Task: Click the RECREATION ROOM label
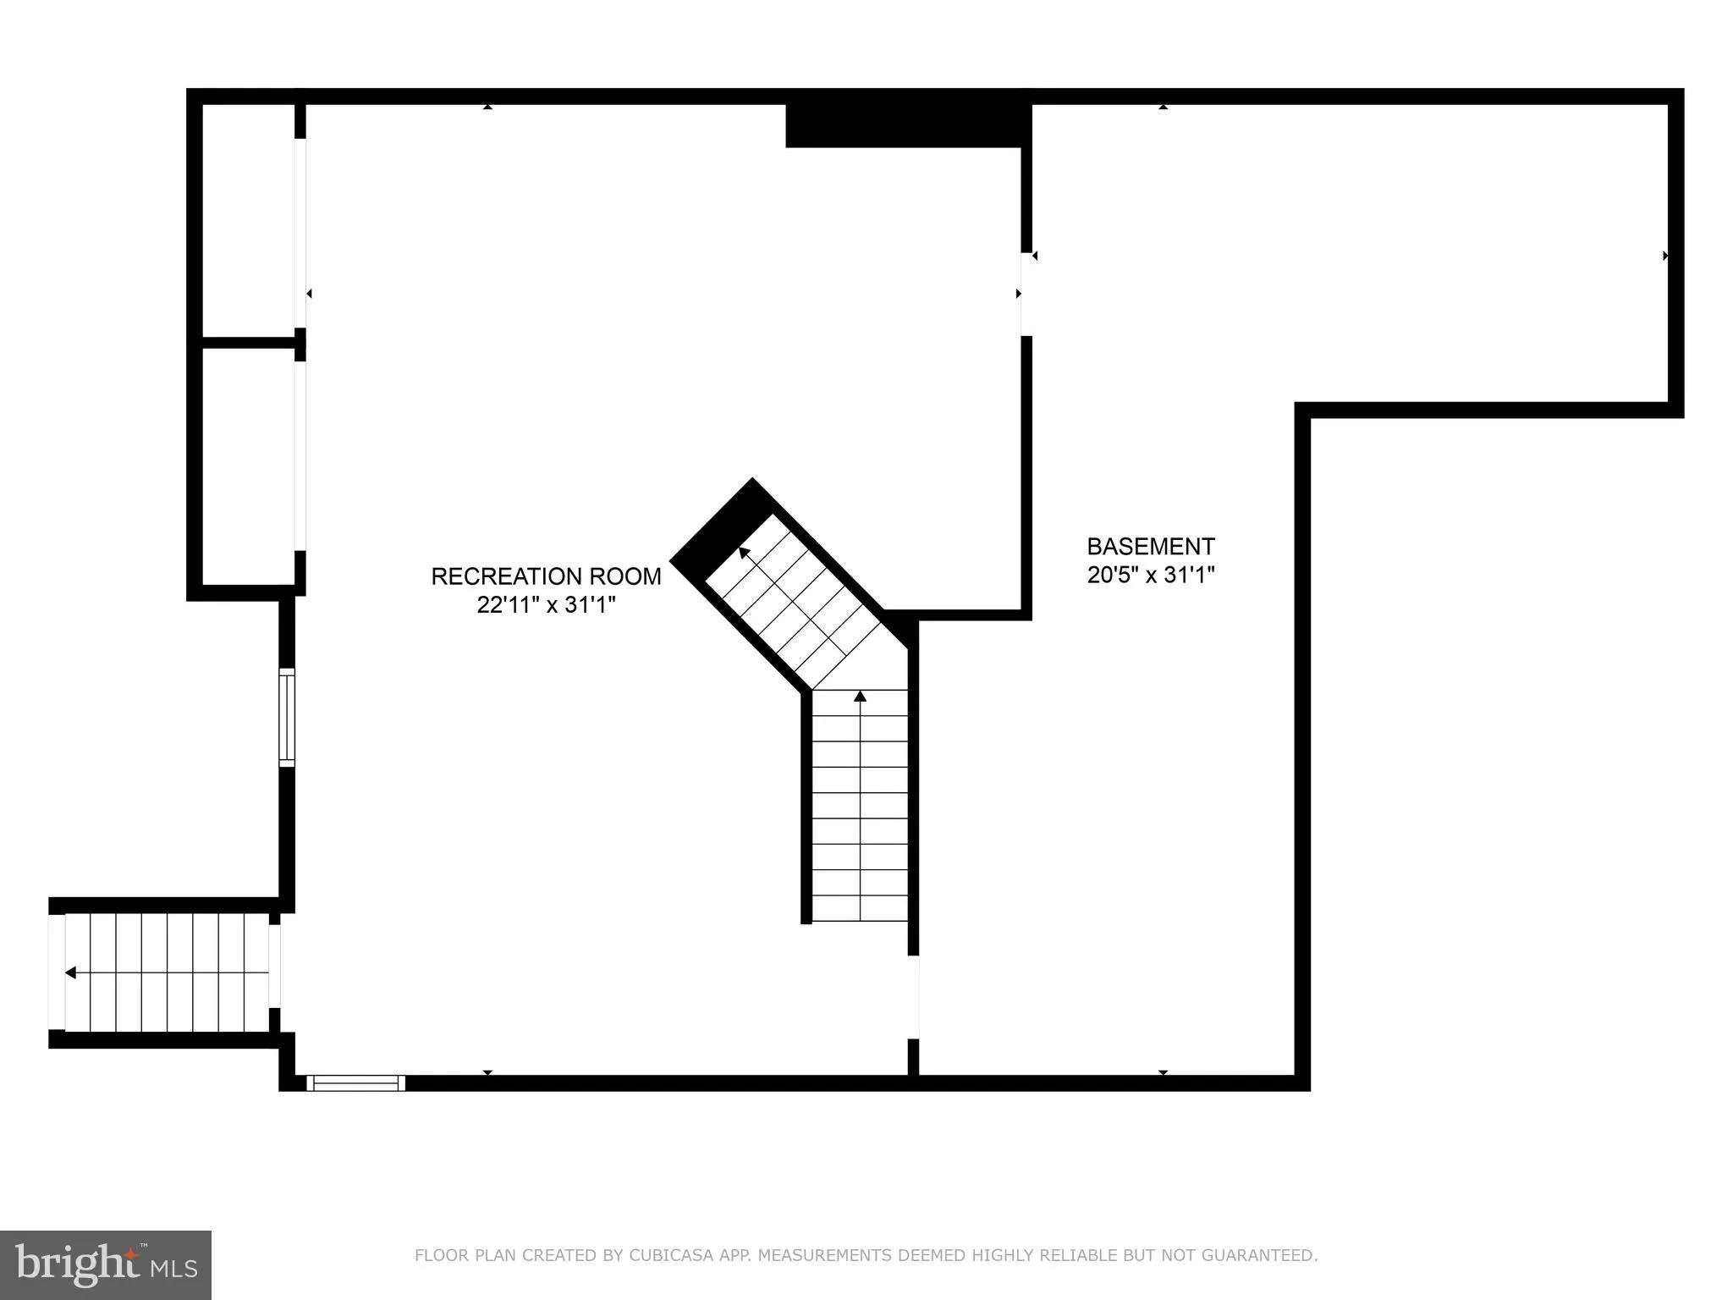click(546, 576)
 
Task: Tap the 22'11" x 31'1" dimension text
click(546, 605)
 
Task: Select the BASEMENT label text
click(1151, 547)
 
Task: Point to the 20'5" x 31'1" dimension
click(1151, 576)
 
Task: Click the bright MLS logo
click(106, 1264)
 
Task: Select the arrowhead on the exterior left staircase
click(70, 972)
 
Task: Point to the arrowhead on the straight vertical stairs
click(861, 696)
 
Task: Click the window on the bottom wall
click(355, 1082)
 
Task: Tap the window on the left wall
click(287, 718)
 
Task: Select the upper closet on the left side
click(247, 220)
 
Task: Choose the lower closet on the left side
click(247, 465)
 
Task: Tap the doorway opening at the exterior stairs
click(275, 972)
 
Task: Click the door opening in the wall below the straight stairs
click(913, 997)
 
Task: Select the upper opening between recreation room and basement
click(1026, 294)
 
